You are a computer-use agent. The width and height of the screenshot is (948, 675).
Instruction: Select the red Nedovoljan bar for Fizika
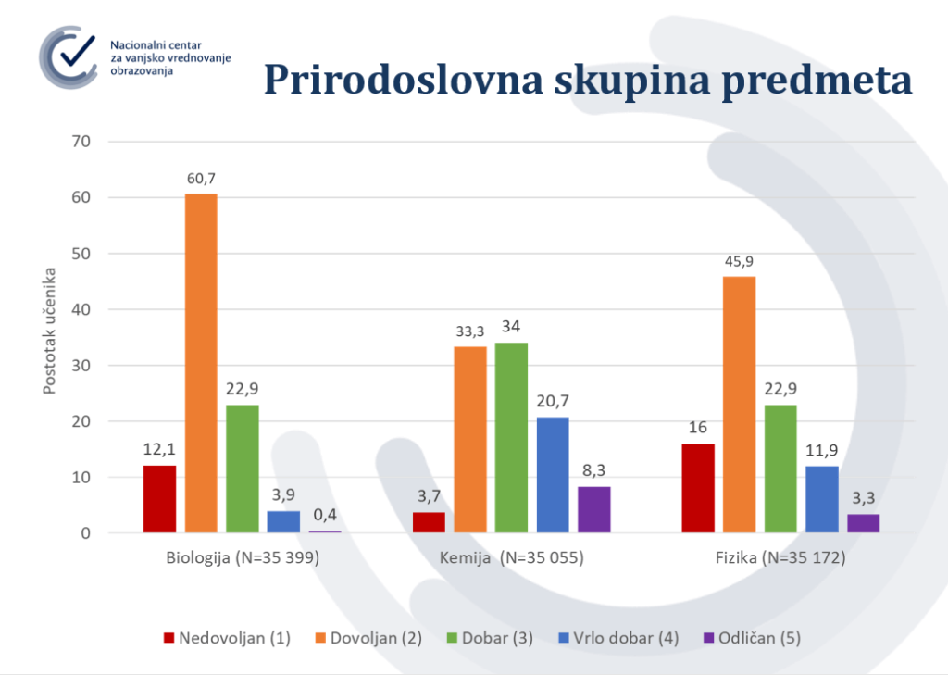click(698, 488)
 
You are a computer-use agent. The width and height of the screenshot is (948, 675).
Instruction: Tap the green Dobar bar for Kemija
click(511, 437)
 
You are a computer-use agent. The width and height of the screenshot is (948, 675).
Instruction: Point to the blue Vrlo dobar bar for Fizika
click(822, 499)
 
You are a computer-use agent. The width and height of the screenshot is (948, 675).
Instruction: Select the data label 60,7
click(201, 178)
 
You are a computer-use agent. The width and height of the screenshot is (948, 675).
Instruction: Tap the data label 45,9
click(740, 260)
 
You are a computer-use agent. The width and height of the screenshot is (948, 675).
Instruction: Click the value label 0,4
click(325, 515)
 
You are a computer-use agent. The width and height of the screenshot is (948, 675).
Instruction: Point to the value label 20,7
click(553, 401)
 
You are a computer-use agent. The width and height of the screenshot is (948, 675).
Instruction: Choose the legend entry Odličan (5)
click(752, 638)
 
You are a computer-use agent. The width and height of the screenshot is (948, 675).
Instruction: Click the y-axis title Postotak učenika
click(50, 331)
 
